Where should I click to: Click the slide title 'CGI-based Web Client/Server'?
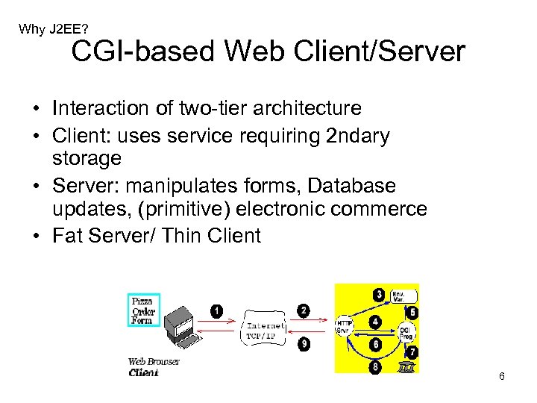(268, 52)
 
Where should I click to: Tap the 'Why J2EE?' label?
(54, 29)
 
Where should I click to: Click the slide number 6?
(502, 376)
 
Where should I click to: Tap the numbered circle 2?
(304, 310)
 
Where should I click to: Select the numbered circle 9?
(304, 344)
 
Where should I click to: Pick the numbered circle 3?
(380, 295)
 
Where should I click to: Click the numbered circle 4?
(376, 322)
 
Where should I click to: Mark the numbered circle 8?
(375, 366)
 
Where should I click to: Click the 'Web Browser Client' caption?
(154, 367)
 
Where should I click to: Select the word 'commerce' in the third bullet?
(380, 210)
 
